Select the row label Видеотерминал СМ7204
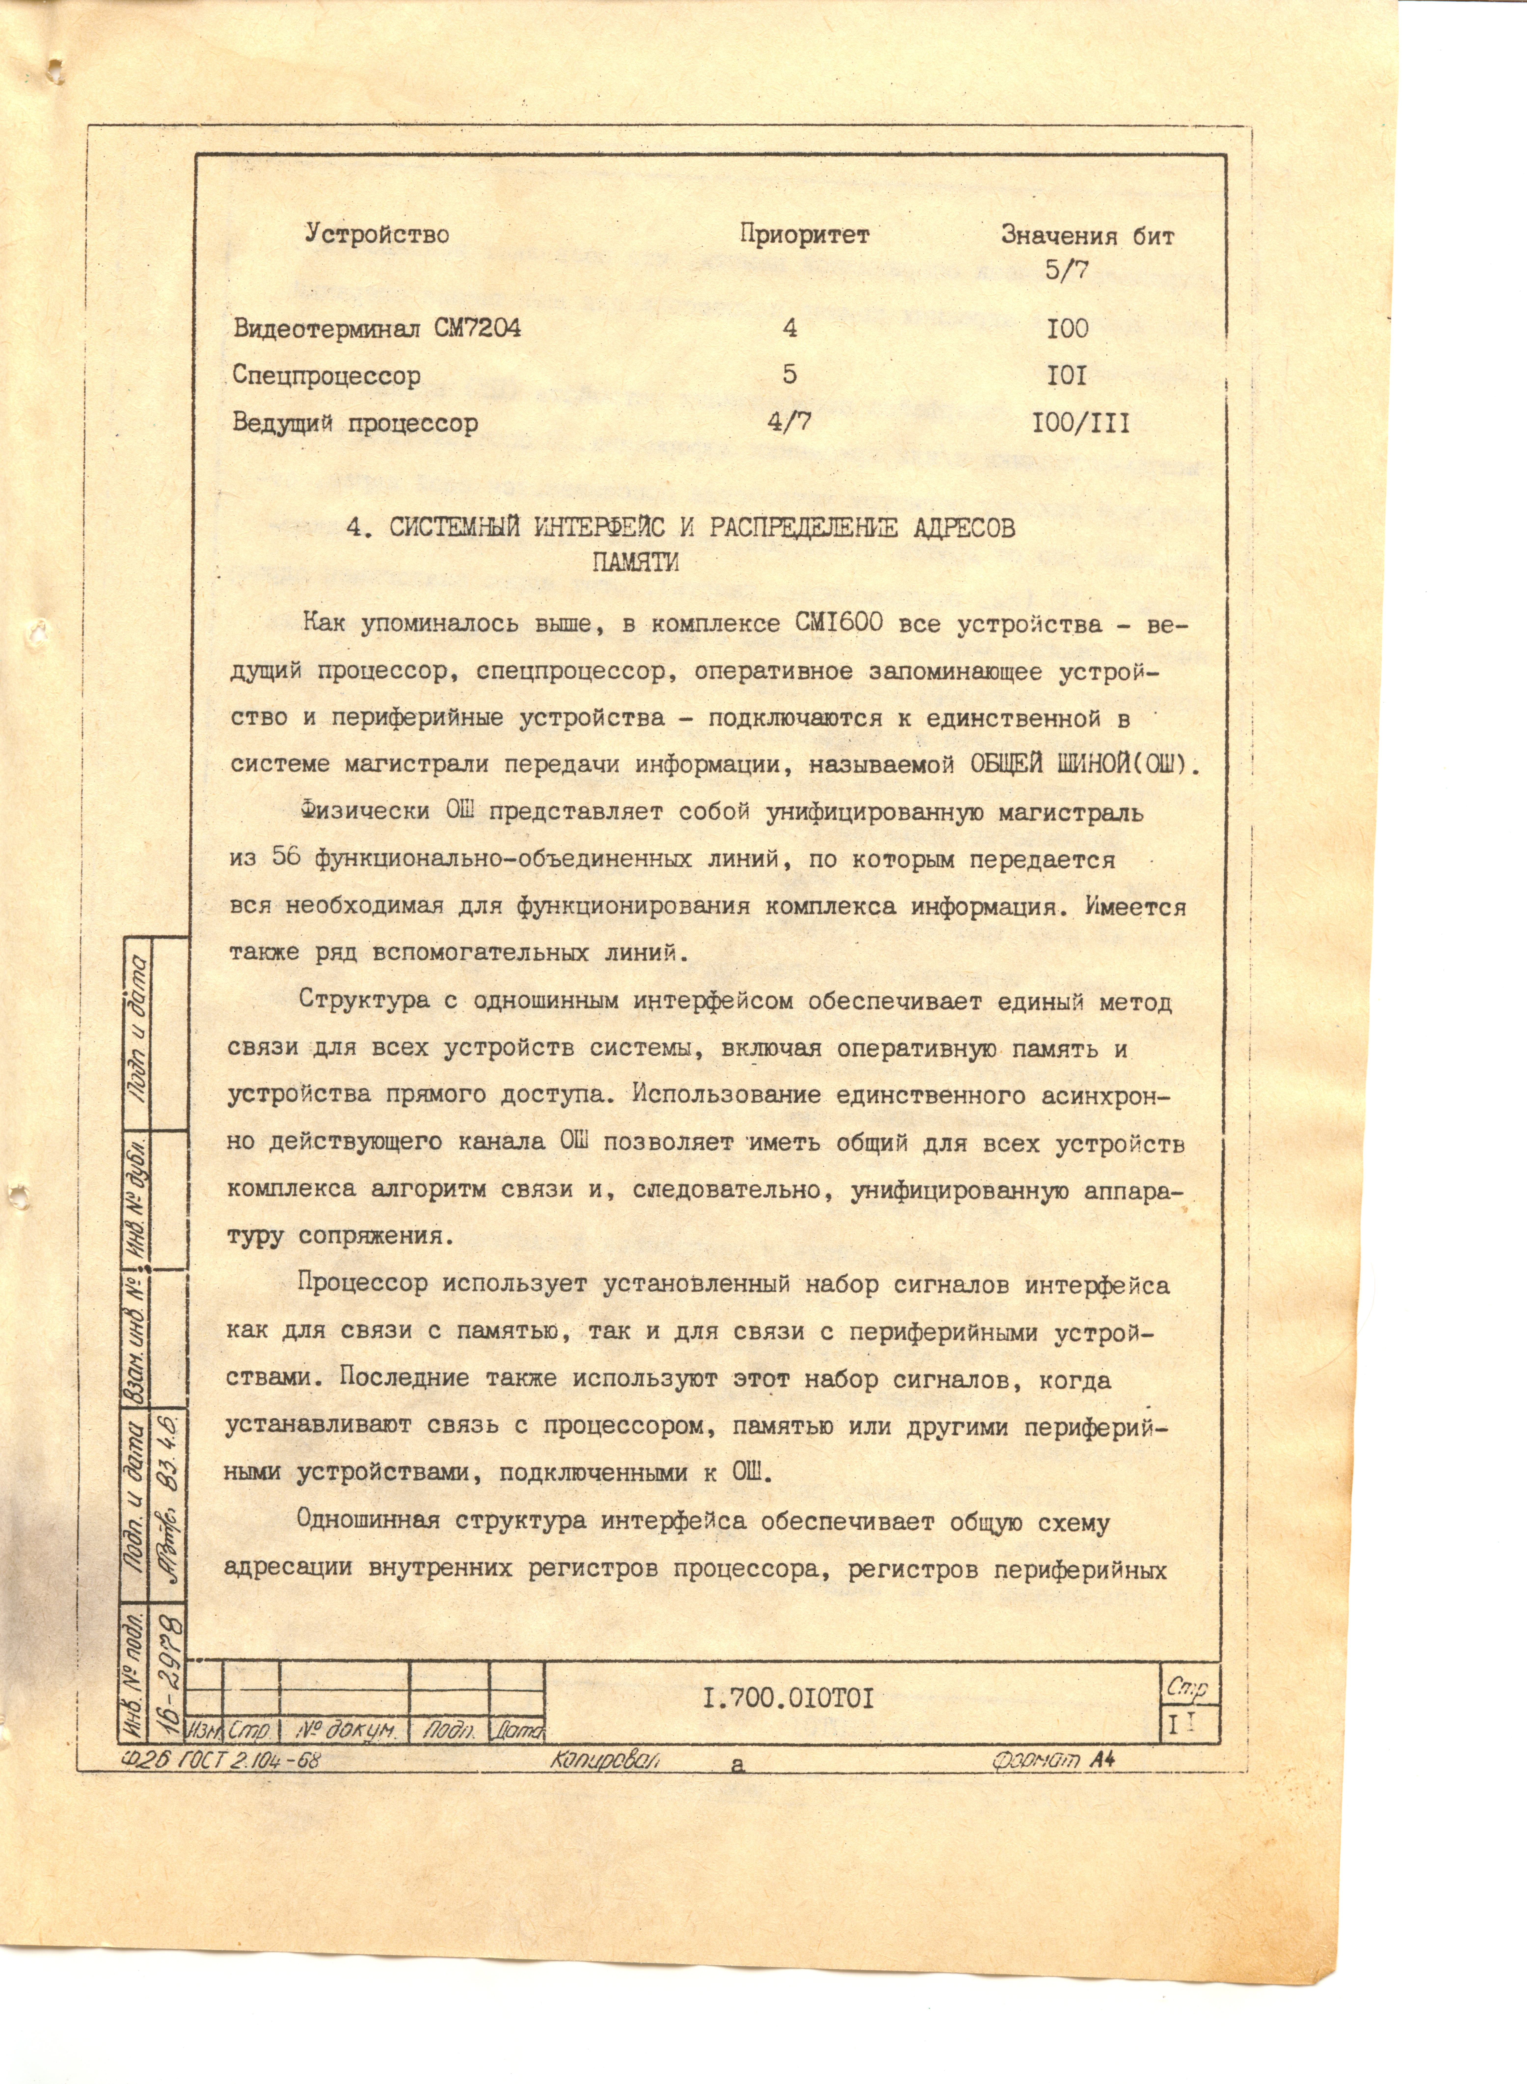[376, 328]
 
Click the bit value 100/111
[1080, 424]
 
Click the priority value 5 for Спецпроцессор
[789, 374]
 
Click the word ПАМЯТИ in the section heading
[635, 563]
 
